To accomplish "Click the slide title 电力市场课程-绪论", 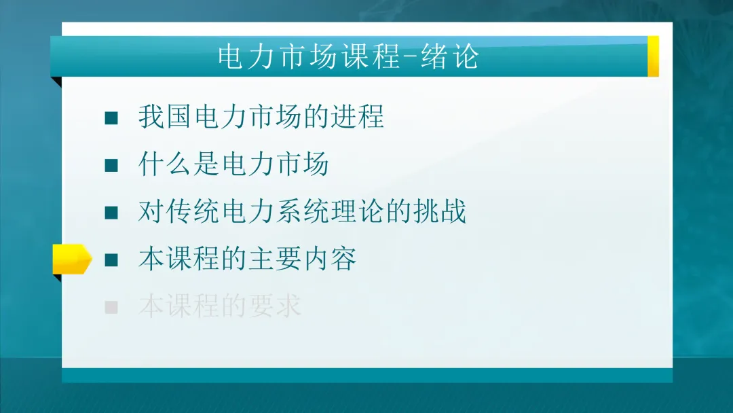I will [x=348, y=56].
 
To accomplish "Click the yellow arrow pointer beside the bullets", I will [x=71, y=259].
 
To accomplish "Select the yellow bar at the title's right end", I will [x=653, y=56].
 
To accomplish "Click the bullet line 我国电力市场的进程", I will [x=261, y=117].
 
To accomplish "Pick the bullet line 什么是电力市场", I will [x=233, y=164].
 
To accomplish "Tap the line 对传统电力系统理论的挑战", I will [x=302, y=212].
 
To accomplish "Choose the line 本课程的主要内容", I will [x=248, y=259].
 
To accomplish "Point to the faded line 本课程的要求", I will [x=220, y=306].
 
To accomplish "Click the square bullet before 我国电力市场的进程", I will [x=111, y=118].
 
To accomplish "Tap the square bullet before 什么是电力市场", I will [x=111, y=165].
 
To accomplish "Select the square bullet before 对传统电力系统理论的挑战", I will [x=111, y=213].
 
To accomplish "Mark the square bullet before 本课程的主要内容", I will [x=111, y=259].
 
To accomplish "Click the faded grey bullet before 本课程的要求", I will [x=111, y=307].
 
